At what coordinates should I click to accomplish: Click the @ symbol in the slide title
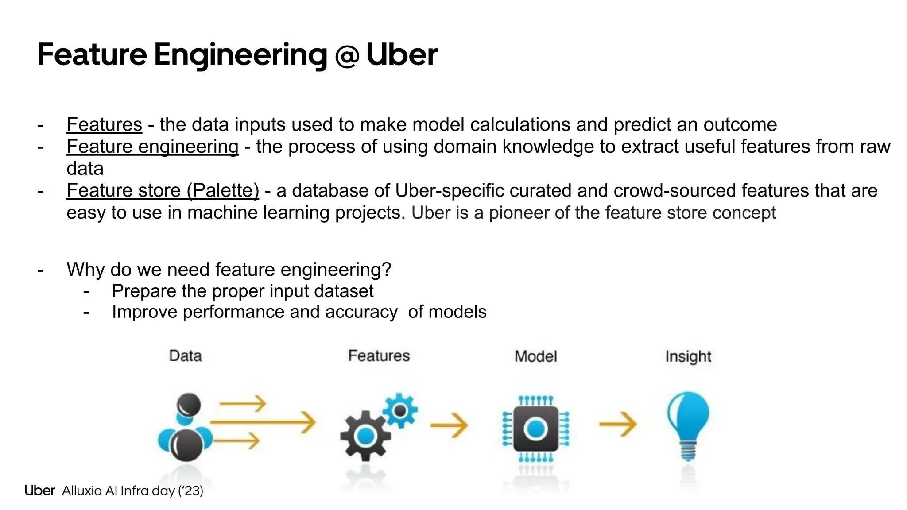tap(347, 56)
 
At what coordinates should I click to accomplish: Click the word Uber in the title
tap(402, 55)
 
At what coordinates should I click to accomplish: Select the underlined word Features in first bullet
tap(104, 124)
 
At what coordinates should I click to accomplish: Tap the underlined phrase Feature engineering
tap(152, 147)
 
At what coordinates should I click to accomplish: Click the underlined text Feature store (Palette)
tap(163, 191)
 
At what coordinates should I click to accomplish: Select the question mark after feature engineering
tap(387, 270)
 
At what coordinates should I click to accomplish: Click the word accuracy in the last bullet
tap(361, 312)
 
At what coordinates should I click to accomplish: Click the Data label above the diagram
tap(185, 356)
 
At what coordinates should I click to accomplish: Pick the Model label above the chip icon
tap(535, 356)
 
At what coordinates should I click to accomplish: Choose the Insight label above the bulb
tap(688, 356)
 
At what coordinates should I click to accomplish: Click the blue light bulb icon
tap(688, 423)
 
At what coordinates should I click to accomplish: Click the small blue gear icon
tap(400, 410)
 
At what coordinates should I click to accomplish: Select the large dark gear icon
tap(365, 436)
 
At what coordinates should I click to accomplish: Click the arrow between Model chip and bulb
tap(618, 424)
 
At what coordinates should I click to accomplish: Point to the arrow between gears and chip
tap(449, 425)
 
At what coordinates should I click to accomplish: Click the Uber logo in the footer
tap(39, 491)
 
